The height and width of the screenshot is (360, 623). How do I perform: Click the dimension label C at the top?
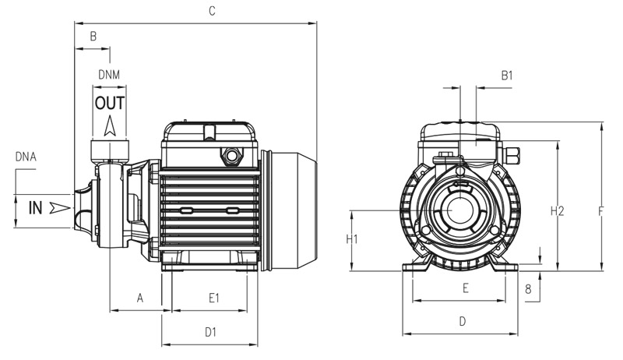[x=211, y=11]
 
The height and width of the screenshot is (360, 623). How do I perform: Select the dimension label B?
[x=93, y=36]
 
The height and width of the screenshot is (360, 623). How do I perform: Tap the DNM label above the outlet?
[x=109, y=74]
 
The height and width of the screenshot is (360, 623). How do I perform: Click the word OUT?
[x=110, y=103]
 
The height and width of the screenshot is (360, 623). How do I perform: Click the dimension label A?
[x=140, y=298]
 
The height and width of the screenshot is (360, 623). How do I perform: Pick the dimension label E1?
[x=214, y=298]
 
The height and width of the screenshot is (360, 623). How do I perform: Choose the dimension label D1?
[x=210, y=332]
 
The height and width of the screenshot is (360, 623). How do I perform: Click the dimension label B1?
[x=507, y=76]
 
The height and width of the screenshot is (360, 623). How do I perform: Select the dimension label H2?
[x=557, y=210]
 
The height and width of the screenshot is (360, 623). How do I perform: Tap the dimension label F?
[x=601, y=210]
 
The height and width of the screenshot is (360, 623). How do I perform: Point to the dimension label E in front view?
[x=465, y=288]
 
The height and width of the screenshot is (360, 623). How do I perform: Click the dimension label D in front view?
[x=462, y=320]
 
